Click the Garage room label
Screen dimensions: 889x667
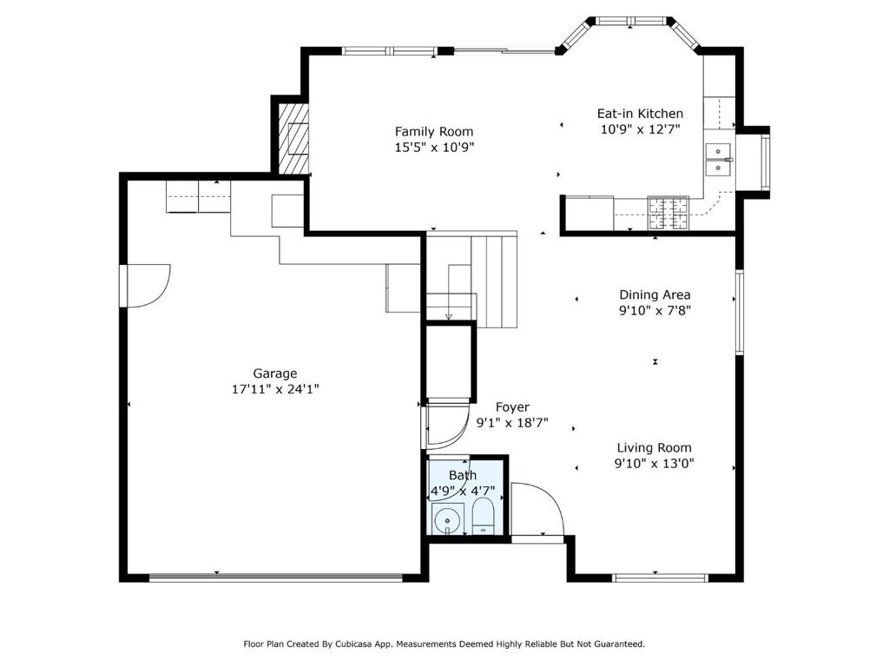point(275,373)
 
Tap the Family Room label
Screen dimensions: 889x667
point(434,132)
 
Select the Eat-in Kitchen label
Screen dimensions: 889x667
point(640,114)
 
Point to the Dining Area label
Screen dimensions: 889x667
point(655,294)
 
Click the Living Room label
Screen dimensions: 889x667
point(655,447)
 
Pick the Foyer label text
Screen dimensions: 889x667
point(512,406)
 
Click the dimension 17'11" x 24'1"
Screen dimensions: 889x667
point(275,389)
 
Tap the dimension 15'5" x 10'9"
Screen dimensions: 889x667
point(434,148)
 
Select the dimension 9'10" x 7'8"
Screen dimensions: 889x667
point(655,310)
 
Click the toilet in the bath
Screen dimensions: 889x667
point(483,516)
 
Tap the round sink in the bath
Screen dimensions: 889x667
point(448,519)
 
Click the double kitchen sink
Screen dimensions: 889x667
point(719,160)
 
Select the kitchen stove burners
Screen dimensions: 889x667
point(668,214)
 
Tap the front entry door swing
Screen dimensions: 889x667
point(537,509)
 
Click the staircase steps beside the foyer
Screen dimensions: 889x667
point(494,281)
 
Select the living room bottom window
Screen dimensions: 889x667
point(661,578)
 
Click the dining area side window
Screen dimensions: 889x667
point(740,313)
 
